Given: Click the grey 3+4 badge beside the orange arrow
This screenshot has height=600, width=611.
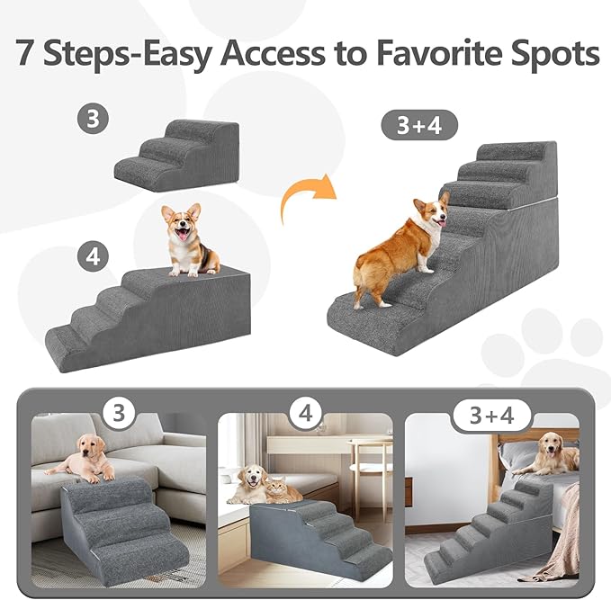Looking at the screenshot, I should click(420, 125).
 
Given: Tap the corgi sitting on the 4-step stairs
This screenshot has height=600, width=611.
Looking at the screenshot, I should click(187, 239).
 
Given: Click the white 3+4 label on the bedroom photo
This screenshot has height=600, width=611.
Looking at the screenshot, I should click(492, 416).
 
